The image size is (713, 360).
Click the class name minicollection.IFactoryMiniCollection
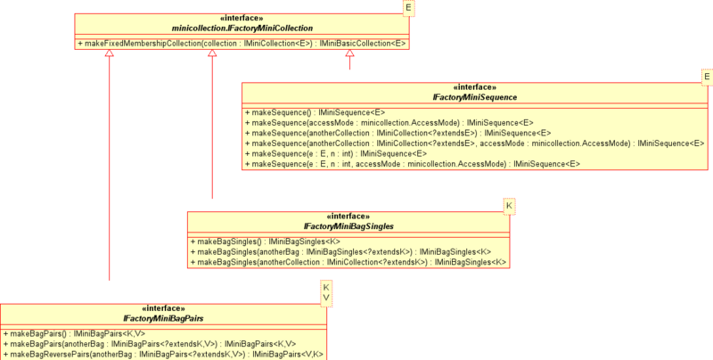click(x=242, y=29)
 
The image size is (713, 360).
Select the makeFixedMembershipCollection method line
click(x=242, y=44)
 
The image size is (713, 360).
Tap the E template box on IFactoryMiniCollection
click(x=408, y=8)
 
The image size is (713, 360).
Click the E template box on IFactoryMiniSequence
click(x=707, y=78)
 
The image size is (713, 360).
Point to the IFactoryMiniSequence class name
click(x=475, y=97)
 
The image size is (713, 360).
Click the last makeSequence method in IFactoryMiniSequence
click(x=413, y=164)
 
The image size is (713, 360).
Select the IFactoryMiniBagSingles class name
click(x=348, y=226)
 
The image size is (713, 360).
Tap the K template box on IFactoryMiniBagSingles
click(x=509, y=207)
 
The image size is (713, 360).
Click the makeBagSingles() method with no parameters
click(x=266, y=241)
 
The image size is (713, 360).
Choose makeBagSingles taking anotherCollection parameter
click(x=348, y=262)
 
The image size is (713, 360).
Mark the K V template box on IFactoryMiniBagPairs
click(x=326, y=294)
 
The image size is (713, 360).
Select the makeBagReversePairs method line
click(x=163, y=355)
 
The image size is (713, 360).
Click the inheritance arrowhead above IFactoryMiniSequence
click(x=349, y=53)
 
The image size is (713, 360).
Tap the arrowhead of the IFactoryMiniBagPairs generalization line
click(x=109, y=53)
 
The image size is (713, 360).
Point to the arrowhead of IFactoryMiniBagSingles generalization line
click(x=212, y=53)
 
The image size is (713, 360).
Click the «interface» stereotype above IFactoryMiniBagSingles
click(x=348, y=217)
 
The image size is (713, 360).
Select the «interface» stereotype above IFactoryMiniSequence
click(x=475, y=87)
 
